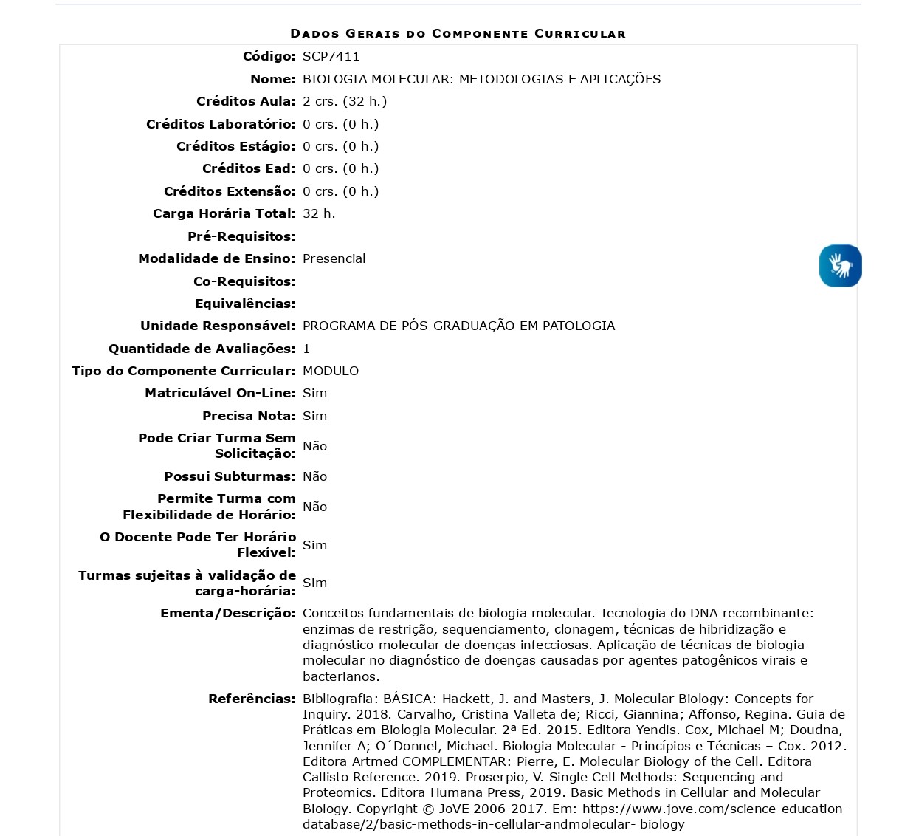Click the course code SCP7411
[331, 56]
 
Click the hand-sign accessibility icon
[840, 265]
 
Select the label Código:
[269, 56]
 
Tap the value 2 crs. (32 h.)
[345, 101]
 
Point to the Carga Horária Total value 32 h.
[319, 213]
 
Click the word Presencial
[334, 258]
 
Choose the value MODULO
[331, 371]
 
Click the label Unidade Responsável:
[218, 326]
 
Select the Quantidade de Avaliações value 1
[306, 349]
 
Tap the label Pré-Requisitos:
[241, 236]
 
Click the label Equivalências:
[245, 304]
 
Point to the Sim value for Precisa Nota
[314, 416]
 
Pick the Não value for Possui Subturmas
[314, 476]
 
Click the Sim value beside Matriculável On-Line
[314, 393]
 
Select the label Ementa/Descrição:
[227, 613]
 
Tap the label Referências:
[252, 699]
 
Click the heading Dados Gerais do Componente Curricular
[458, 33]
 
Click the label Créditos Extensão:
[230, 191]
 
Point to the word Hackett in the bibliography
[466, 699]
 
